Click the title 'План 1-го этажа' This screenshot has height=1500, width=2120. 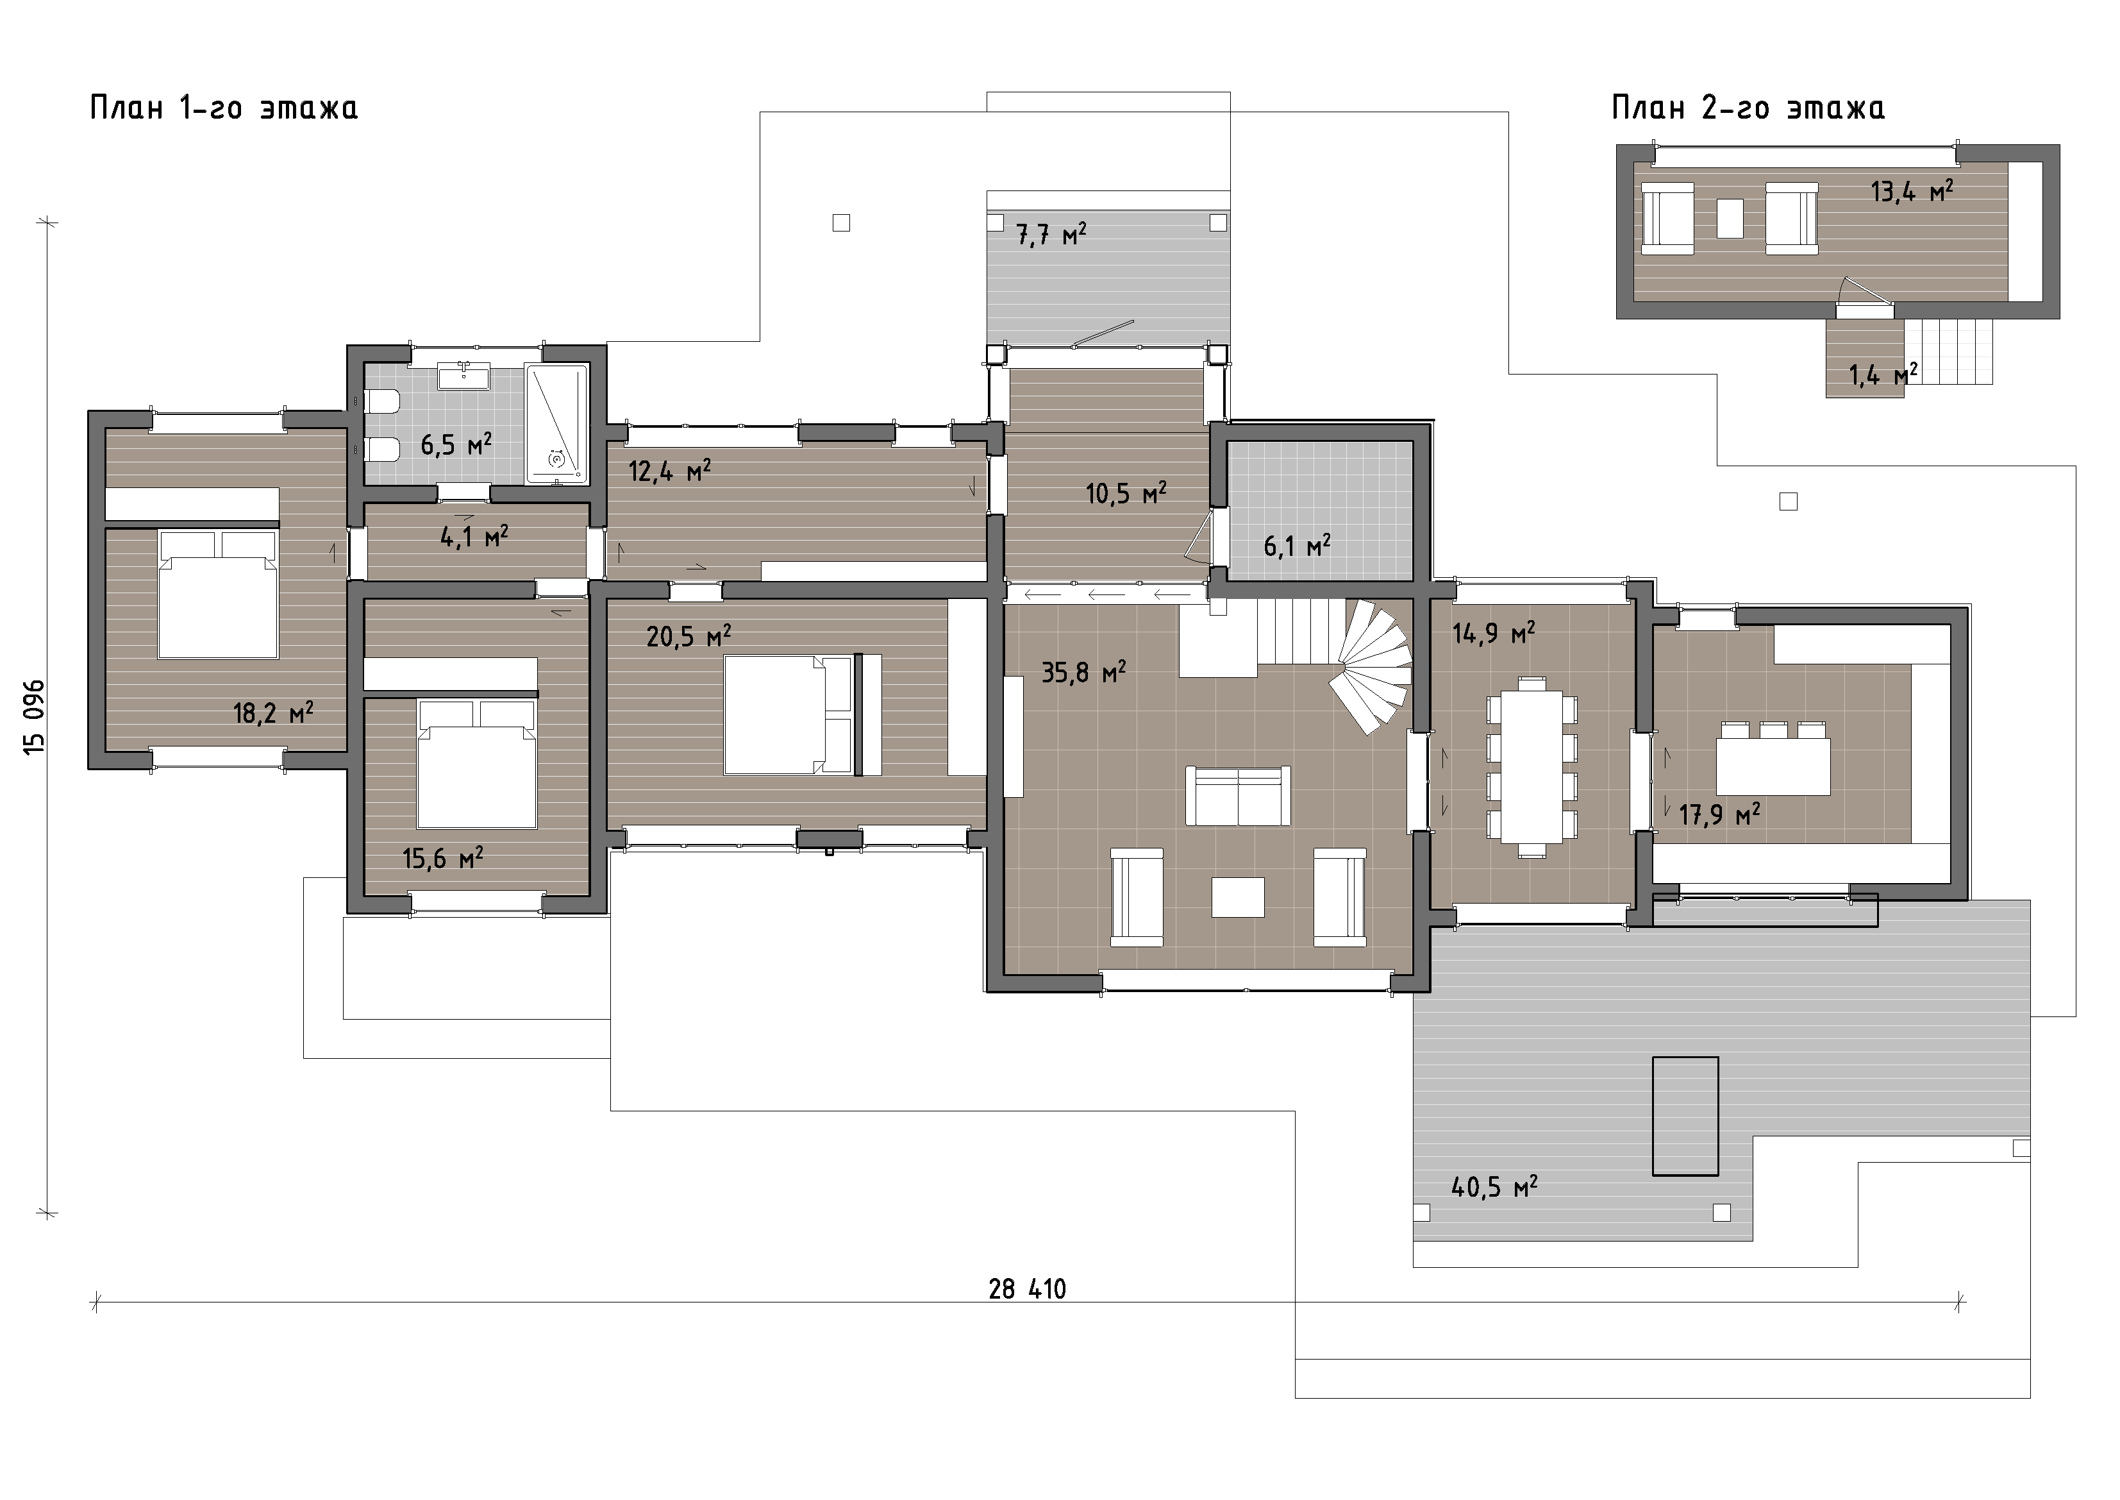pos(224,108)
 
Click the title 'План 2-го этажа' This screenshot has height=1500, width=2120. pos(1748,108)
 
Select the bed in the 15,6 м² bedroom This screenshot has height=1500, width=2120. pos(476,764)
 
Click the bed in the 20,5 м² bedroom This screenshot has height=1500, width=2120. pos(789,714)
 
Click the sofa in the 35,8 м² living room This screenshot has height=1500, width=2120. pos(1237,795)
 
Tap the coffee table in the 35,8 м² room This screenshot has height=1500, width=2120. pos(1237,897)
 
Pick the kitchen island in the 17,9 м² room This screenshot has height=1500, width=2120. pos(1773,766)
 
